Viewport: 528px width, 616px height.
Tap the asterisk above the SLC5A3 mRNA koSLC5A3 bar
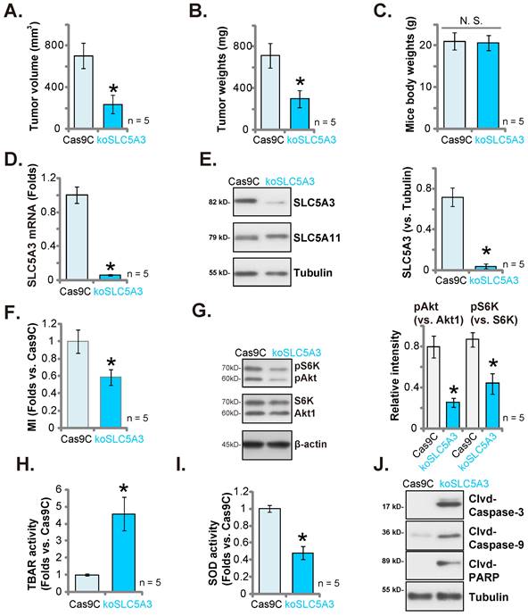[x=111, y=268]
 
